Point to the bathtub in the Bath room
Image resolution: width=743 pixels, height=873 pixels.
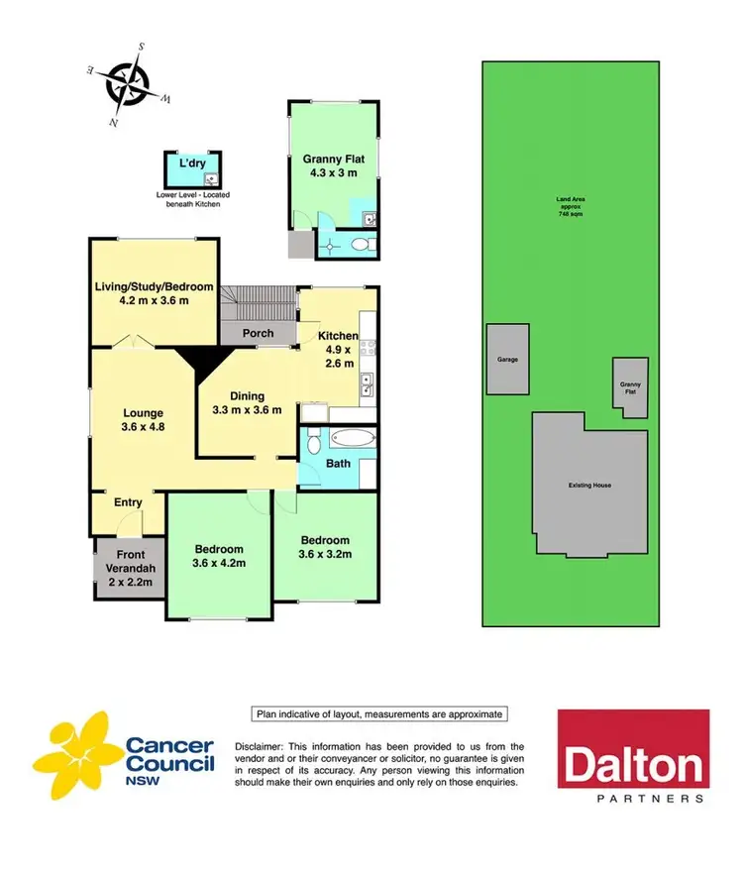click(353, 438)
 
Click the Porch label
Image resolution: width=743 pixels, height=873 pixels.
click(258, 333)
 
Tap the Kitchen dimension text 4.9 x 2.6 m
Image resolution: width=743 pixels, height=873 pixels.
click(337, 355)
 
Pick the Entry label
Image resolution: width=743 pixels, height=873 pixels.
click(128, 502)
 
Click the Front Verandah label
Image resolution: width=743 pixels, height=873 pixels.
click(132, 562)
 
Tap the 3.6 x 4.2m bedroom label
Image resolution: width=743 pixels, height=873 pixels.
click(219, 557)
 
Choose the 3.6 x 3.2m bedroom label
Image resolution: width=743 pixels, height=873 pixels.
click(326, 546)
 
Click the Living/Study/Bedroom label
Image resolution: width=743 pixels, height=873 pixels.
click(155, 293)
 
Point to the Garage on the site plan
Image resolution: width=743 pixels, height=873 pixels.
click(507, 360)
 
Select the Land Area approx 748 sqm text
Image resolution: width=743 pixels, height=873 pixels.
click(569, 206)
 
